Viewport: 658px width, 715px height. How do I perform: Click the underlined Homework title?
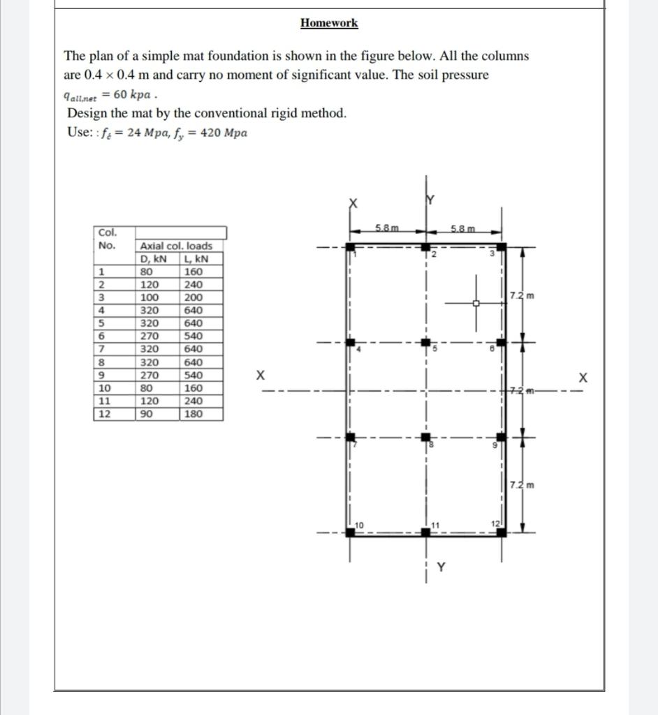tap(329, 23)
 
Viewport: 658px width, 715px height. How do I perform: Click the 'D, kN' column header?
tap(153, 259)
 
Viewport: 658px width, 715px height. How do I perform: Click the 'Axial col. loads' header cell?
tap(176, 246)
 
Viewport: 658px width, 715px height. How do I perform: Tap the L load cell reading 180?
tap(193, 414)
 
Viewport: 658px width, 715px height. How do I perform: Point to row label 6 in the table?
tap(102, 336)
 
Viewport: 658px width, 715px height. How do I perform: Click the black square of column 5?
tap(425, 343)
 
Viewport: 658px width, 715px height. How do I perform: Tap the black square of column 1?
tap(350, 247)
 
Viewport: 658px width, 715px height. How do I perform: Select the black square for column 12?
tap(501, 533)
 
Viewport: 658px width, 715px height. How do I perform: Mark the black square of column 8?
tap(425, 438)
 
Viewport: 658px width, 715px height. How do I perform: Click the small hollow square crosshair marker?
tap(476, 303)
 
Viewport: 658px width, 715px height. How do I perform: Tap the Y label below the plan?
tap(441, 568)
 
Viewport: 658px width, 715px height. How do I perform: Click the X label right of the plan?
tap(583, 377)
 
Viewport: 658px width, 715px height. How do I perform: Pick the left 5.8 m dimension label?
tap(387, 228)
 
